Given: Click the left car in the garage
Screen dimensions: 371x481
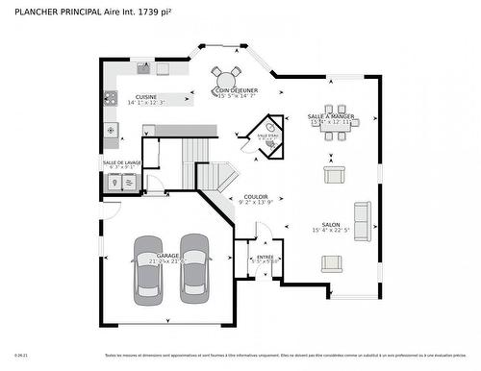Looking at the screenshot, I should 149,265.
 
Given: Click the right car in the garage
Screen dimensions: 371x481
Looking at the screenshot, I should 195,264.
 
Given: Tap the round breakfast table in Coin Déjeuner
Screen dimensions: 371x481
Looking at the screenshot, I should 228,78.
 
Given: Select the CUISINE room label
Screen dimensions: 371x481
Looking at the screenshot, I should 146,97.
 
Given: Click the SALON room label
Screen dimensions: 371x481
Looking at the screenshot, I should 330,223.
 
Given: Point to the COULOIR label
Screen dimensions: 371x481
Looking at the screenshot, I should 256,196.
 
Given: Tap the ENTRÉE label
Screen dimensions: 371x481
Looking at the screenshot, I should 265,257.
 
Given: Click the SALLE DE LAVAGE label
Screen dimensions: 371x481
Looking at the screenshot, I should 122,162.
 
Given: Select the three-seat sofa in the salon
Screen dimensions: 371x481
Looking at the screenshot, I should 363,222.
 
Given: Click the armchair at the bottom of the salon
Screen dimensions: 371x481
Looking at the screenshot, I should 332,263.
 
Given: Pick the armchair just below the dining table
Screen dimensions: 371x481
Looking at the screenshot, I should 334,175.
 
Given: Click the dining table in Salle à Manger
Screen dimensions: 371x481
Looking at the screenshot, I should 335,123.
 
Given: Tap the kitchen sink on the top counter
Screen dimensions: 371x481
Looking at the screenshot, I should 143,68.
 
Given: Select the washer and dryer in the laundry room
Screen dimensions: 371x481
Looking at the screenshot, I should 122,182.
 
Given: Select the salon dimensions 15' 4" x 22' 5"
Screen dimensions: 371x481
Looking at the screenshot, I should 330,231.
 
